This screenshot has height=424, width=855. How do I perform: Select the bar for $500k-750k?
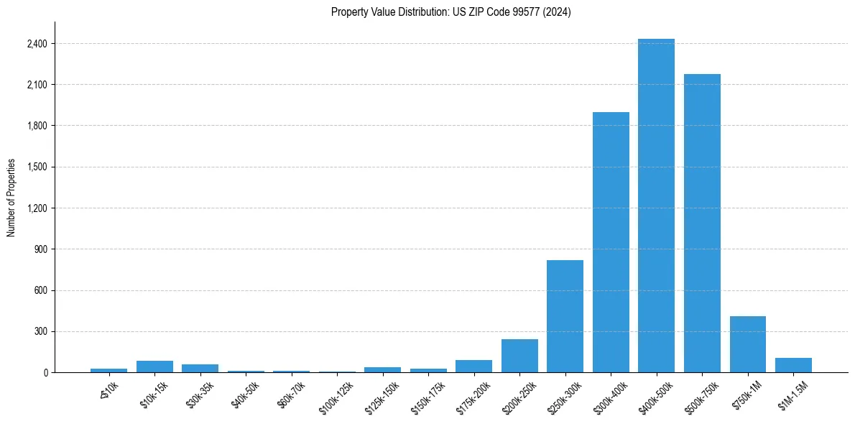[x=702, y=223]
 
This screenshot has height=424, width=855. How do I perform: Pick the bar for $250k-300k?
[x=565, y=316]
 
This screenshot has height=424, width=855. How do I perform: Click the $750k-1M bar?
[x=747, y=344]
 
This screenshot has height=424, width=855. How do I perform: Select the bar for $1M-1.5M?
[x=793, y=365]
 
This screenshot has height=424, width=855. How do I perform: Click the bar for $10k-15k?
[x=154, y=367]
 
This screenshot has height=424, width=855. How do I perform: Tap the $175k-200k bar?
[x=473, y=366]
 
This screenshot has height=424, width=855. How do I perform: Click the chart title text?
[x=451, y=12]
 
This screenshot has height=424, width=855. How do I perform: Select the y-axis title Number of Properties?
[x=11, y=197]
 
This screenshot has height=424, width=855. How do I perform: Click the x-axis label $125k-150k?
[x=382, y=392]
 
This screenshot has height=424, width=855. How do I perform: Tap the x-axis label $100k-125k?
[x=336, y=392]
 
